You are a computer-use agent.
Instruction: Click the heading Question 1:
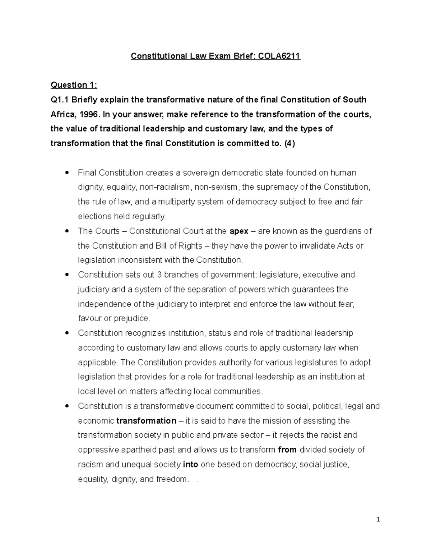coord(74,85)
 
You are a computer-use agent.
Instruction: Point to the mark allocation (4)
coord(289,143)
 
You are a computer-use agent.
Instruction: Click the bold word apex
coord(239,231)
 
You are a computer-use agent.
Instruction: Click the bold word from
coord(287,450)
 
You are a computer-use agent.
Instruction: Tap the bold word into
coord(190,465)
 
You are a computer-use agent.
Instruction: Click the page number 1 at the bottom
coord(378,519)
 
